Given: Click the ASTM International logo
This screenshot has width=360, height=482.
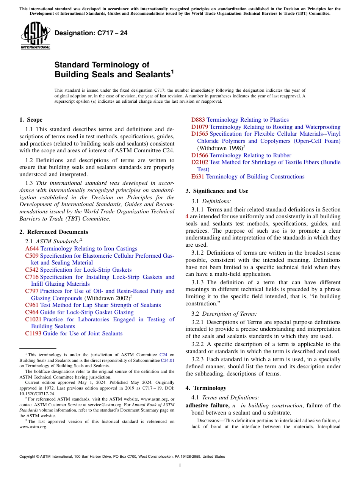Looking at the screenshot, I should (x=35, y=36).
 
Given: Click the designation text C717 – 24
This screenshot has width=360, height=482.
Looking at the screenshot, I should (x=91, y=33).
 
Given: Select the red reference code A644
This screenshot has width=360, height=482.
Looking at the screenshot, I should (x=32, y=249).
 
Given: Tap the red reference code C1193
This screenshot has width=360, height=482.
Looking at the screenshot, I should (x=33, y=333).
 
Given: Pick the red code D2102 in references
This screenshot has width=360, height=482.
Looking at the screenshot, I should (x=199, y=162).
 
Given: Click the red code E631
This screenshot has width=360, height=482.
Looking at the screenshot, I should (x=198, y=177).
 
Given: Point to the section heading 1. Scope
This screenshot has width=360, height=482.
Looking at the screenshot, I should (x=31, y=120).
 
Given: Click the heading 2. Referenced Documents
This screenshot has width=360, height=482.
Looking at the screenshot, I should (x=53, y=232).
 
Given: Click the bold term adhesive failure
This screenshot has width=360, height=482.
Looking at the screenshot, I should (x=207, y=405).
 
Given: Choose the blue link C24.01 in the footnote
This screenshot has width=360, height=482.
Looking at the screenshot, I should (x=168, y=360).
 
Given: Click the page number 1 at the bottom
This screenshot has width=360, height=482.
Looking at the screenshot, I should (x=180, y=466).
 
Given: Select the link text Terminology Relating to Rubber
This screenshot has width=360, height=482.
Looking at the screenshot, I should (x=250, y=155).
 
